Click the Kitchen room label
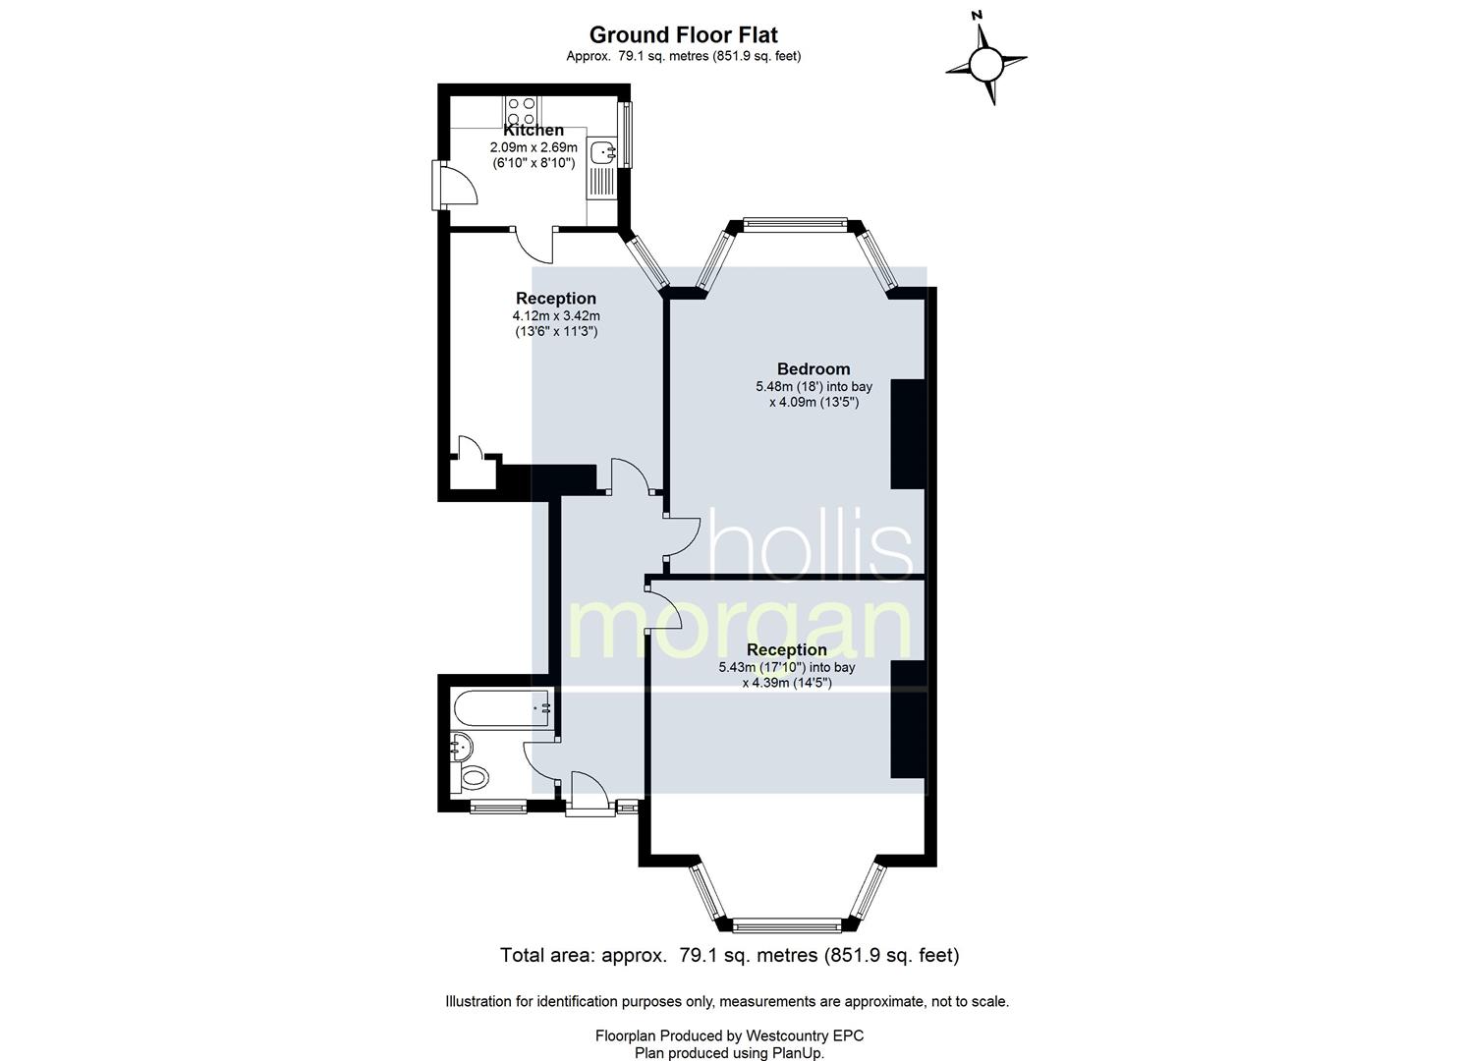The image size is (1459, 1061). coord(533,131)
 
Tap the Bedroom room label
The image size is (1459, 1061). coord(814,368)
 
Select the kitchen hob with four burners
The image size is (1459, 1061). coord(521,110)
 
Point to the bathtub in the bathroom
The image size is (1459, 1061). coord(502,708)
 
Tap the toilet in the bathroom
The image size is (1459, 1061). coord(475,778)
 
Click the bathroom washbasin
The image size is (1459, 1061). coord(461,746)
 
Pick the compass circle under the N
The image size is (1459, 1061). coord(984,63)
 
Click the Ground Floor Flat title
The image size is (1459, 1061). coord(683,34)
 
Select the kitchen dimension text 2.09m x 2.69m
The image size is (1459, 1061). coord(533,147)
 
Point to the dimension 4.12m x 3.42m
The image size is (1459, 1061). coord(556,316)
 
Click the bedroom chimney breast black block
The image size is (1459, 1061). coord(908,434)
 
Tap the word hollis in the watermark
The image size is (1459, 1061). coord(810,544)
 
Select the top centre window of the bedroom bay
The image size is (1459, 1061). coord(795,224)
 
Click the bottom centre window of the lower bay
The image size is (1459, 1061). coord(786,924)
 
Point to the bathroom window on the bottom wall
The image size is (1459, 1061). coord(498,808)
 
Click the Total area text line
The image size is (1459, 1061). coord(729,956)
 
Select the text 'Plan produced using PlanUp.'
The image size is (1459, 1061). coord(729,1053)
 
